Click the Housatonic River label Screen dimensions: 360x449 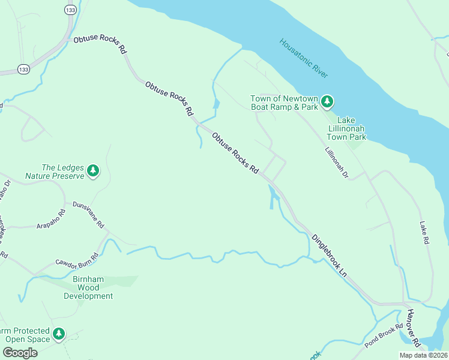point(304,58)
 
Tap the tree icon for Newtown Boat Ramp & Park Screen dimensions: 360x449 point(327,101)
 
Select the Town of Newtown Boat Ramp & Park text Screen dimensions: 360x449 point(284,103)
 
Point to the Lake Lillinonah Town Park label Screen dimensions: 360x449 point(351,128)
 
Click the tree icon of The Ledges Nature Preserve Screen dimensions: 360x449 point(92,171)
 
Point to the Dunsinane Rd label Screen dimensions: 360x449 point(88,215)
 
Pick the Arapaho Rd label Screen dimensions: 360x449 point(50,218)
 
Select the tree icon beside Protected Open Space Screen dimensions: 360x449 point(58,334)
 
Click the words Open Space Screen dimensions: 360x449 point(26,339)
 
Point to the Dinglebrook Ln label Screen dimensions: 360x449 point(329,254)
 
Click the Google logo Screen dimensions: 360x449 point(20,353)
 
